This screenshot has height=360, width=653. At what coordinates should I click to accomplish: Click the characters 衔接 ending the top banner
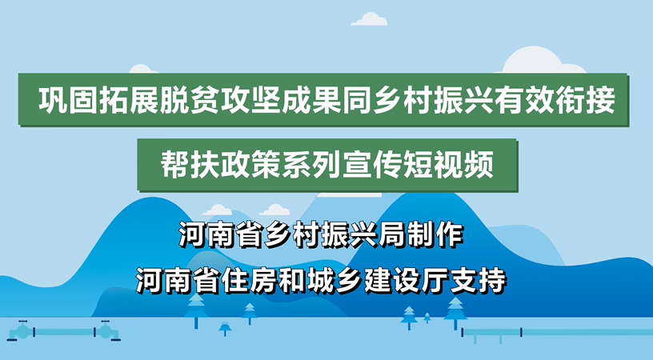click(585, 101)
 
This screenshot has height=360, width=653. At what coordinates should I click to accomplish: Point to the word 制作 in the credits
click(435, 235)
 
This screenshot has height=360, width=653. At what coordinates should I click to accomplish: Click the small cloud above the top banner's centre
click(369, 19)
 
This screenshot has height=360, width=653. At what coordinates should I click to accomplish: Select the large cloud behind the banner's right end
click(542, 60)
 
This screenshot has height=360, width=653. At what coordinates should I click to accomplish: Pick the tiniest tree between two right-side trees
click(427, 318)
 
